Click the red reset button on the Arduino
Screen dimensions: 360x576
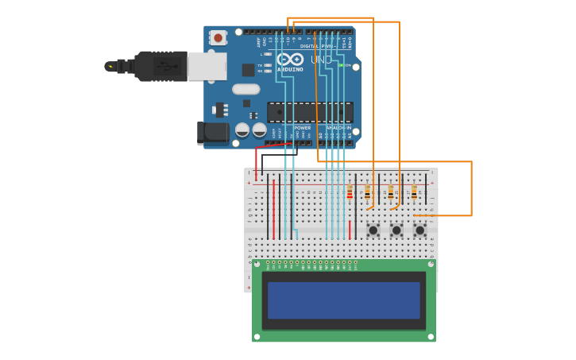point(218,37)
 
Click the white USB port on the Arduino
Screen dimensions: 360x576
point(207,67)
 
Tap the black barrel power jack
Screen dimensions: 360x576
point(212,133)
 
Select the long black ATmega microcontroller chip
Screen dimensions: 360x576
point(310,112)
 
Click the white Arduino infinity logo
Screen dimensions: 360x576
point(291,60)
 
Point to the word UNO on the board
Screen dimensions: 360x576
point(321,60)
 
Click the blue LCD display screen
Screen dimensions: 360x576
point(343,300)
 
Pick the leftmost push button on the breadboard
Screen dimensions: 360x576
point(373,230)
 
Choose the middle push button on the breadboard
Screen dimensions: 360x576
point(396,230)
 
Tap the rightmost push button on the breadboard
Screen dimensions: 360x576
point(419,230)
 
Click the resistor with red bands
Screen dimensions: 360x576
point(350,192)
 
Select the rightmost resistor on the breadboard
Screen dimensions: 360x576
point(414,192)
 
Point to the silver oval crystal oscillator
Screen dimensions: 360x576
point(246,89)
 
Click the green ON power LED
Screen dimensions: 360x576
point(341,65)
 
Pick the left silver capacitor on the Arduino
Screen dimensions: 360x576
point(242,130)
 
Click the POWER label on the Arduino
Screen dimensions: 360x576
point(303,127)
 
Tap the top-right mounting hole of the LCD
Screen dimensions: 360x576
point(431,264)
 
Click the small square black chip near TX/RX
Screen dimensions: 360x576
point(248,70)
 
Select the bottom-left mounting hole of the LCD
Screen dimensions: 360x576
point(257,337)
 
